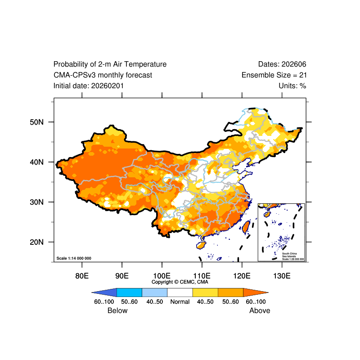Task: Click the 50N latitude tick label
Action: point(36,122)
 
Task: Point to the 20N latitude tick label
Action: point(36,242)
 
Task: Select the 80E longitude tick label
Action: point(82,275)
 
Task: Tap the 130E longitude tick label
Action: point(282,275)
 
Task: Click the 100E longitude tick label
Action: point(162,275)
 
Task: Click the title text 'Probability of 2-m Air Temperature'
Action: point(110,64)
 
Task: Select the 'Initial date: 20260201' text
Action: point(89,85)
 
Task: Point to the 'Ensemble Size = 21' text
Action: point(274,75)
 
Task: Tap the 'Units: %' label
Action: point(292,85)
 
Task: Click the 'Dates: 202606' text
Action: point(282,64)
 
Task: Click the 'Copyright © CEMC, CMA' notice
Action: point(180,282)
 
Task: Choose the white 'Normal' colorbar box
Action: point(180,292)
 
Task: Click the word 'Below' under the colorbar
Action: point(117,310)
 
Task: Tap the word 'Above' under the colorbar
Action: point(260,310)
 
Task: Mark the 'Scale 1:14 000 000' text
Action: point(74,258)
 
